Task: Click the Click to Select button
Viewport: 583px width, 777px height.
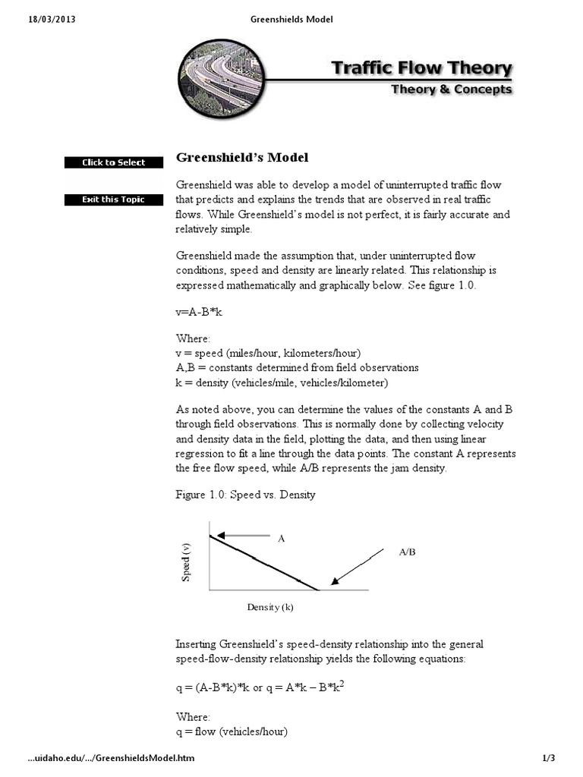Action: [x=114, y=162]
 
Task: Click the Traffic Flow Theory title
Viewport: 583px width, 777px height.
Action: [x=421, y=68]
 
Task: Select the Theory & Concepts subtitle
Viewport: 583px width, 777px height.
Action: [x=451, y=90]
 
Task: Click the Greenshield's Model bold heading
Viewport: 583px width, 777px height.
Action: [x=242, y=158]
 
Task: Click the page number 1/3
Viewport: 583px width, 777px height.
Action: [x=549, y=758]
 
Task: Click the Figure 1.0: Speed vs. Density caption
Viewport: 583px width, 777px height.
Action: [x=245, y=495]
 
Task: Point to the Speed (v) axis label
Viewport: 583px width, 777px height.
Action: [x=186, y=562]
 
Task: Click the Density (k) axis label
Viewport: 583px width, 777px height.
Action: [x=269, y=607]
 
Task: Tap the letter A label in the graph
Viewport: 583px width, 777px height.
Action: [x=281, y=538]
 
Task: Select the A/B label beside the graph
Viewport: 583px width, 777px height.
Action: [x=407, y=552]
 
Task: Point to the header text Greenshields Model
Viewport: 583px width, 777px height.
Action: [x=291, y=19]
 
